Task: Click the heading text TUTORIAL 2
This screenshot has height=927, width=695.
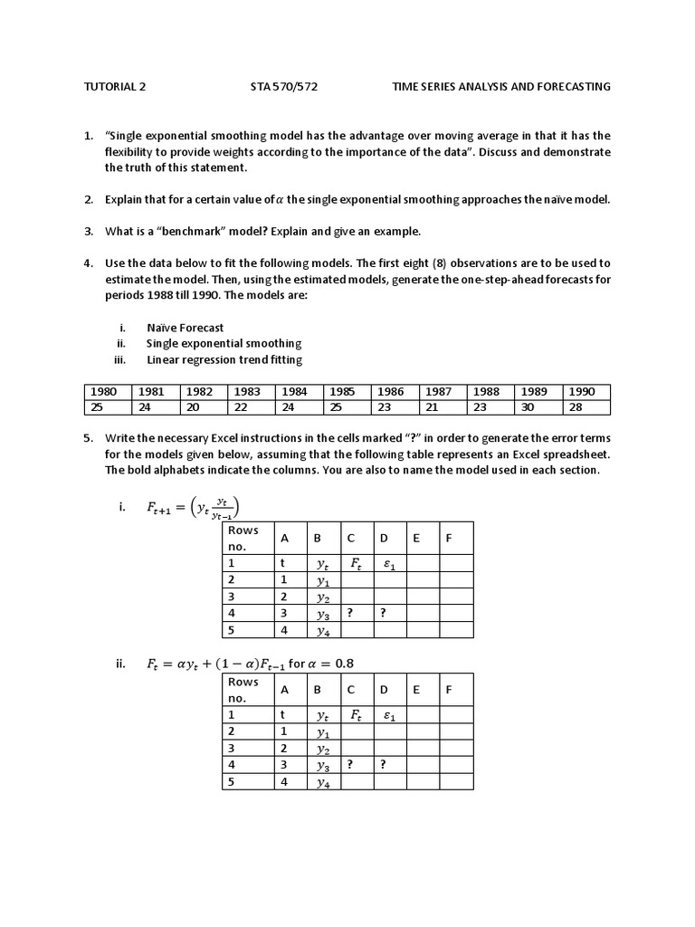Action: click(114, 87)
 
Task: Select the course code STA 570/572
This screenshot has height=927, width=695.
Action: click(283, 87)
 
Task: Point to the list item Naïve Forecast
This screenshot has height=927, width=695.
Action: click(185, 328)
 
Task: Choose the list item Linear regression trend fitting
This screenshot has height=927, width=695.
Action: click(224, 359)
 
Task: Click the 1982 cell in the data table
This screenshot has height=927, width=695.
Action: click(202, 392)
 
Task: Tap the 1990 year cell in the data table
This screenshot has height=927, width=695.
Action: click(583, 392)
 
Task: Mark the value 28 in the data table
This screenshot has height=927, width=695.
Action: click(576, 407)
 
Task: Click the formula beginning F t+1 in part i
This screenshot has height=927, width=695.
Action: click(193, 508)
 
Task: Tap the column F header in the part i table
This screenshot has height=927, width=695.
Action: click(449, 539)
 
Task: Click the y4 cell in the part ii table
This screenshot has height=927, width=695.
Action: click(323, 781)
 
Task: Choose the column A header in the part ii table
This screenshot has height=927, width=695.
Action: click(284, 690)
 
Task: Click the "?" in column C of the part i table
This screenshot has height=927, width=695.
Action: click(351, 613)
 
